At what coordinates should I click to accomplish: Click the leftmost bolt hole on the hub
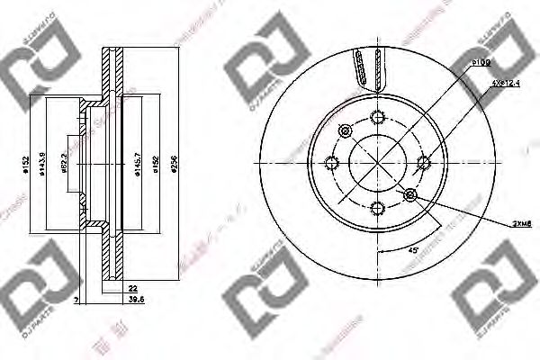click(331, 162)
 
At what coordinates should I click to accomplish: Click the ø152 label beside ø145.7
click(156, 165)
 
